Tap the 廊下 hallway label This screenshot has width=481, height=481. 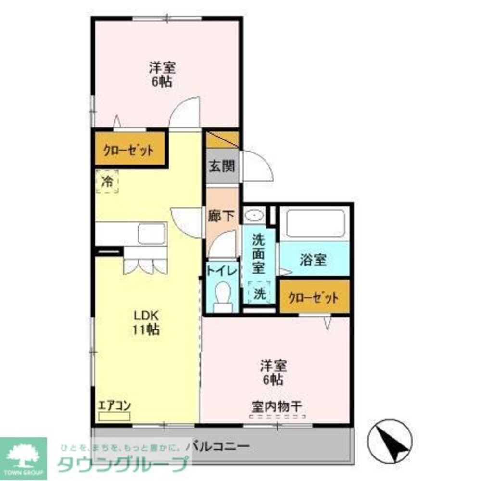click(222, 216)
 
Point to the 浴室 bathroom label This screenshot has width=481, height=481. click(313, 260)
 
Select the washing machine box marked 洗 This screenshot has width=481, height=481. click(260, 293)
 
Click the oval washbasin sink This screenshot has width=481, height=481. click(254, 214)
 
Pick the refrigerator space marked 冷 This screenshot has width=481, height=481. click(107, 181)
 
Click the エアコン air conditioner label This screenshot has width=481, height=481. click(114, 405)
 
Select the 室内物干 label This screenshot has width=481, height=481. click(276, 406)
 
